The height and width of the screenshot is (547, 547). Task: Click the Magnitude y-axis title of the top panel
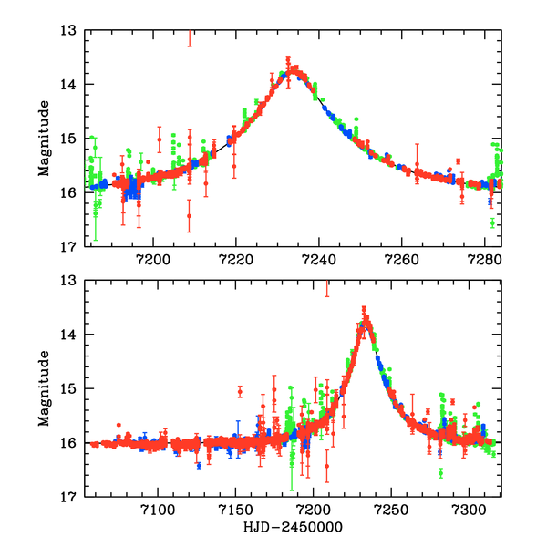(44, 139)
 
